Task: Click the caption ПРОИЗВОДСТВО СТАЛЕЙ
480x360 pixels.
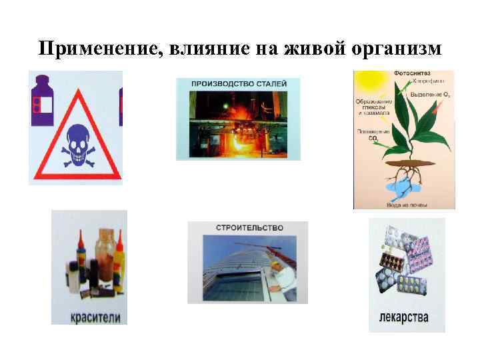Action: click(x=238, y=85)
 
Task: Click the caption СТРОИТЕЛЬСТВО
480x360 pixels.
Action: click(x=249, y=228)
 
